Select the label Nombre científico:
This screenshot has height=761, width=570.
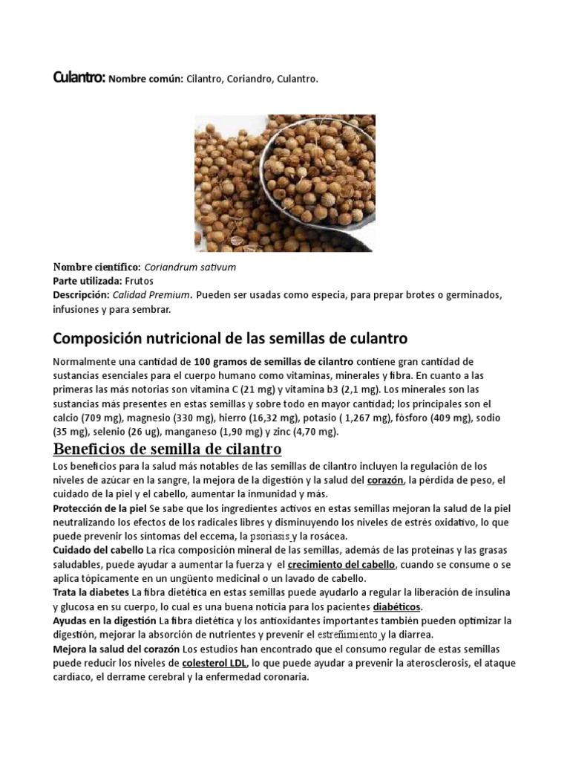click(x=96, y=267)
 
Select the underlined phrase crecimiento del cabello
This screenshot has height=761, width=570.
click(x=341, y=564)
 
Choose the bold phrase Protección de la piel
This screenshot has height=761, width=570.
click(x=99, y=508)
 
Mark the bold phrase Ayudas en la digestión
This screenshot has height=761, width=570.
click(x=104, y=620)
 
